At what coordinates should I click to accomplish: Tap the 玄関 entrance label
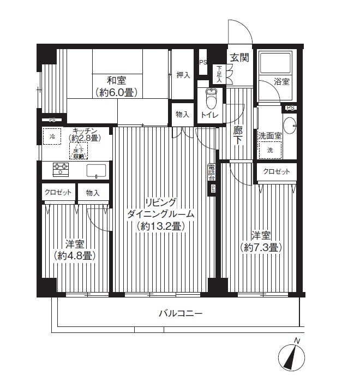click(238, 57)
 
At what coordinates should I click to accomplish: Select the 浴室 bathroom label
click(281, 81)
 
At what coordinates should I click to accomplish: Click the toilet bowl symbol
click(211, 99)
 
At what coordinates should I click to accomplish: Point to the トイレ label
click(210, 115)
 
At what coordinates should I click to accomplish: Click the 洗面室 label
click(269, 135)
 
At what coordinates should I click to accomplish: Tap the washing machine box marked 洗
click(270, 150)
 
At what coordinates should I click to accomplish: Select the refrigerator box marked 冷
click(53, 136)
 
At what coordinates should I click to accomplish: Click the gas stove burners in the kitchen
click(60, 169)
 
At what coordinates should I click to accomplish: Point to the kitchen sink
click(96, 170)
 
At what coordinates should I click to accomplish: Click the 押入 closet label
click(183, 75)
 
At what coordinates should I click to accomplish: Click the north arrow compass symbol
click(292, 358)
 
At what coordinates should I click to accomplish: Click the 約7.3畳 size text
click(260, 247)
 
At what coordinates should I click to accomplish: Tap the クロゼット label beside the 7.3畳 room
click(277, 171)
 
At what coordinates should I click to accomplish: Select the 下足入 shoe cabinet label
click(219, 73)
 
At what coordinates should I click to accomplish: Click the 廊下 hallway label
click(238, 135)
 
